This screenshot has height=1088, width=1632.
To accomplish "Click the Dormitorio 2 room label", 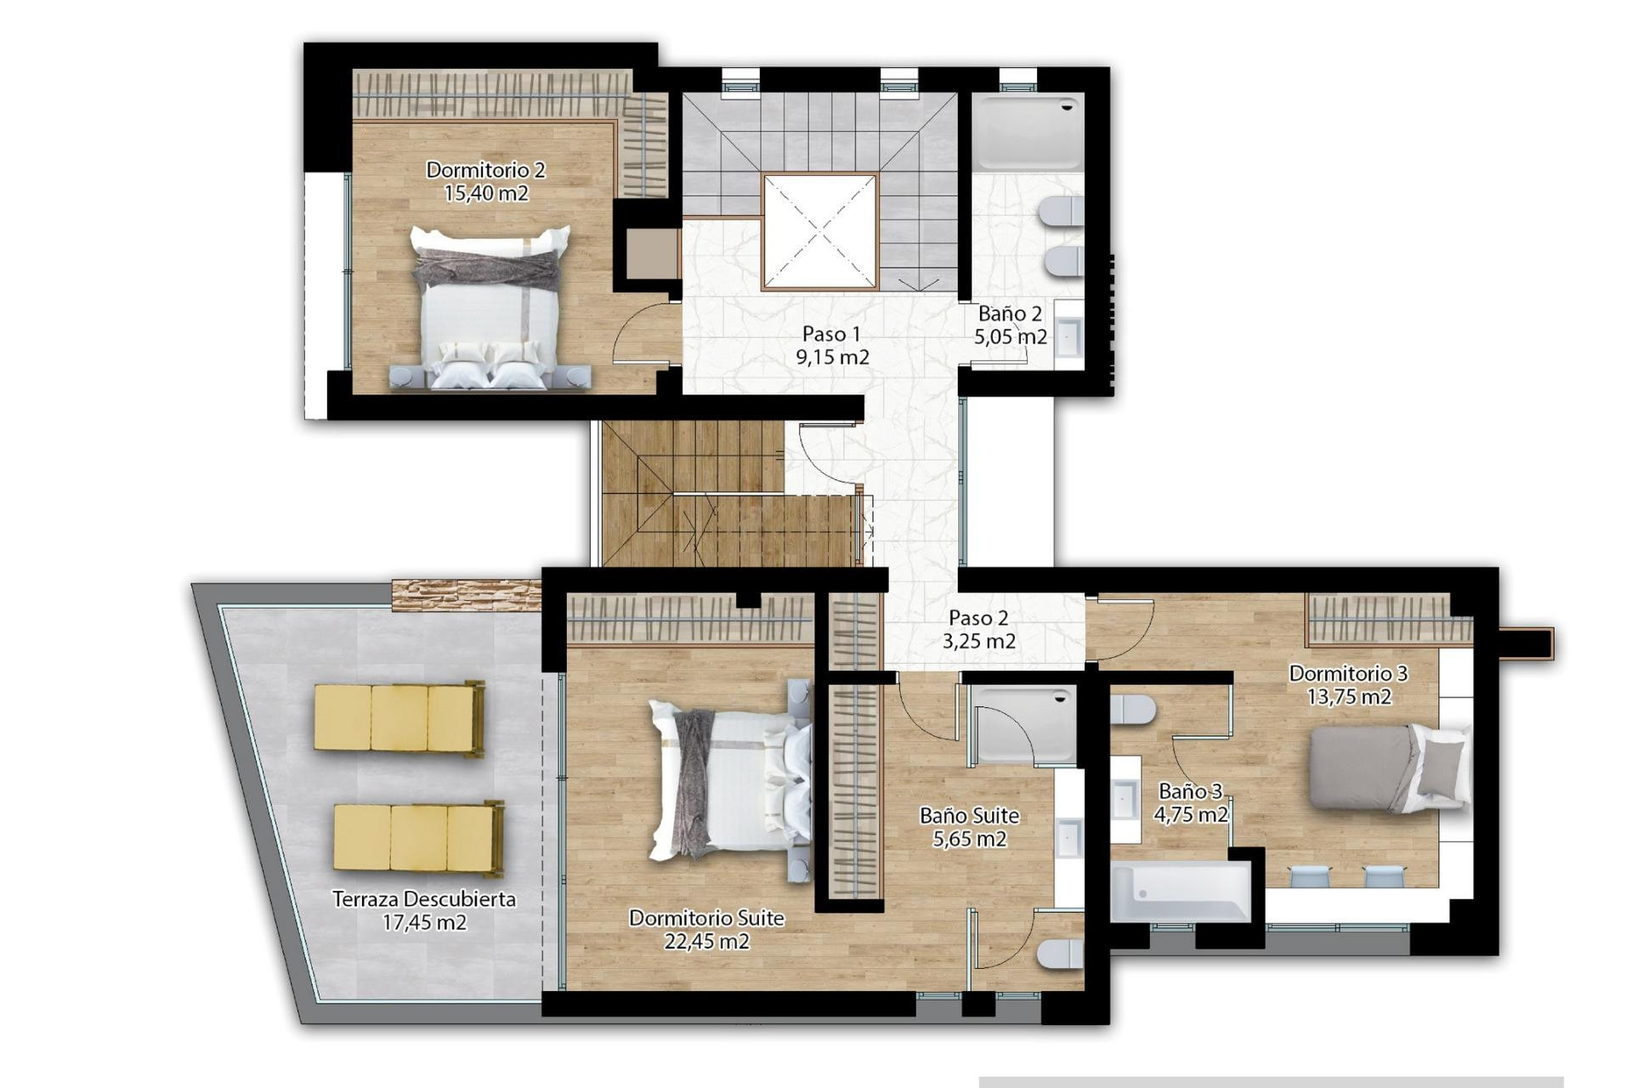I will click(485, 170).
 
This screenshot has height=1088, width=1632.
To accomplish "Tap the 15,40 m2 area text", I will click(485, 194).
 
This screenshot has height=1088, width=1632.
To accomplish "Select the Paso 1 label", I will click(831, 334).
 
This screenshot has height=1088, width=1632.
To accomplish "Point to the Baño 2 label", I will click(1010, 314).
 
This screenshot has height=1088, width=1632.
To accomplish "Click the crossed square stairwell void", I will click(819, 231).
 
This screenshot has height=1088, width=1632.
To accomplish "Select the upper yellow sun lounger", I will click(399, 718).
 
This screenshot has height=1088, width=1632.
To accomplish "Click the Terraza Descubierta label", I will click(423, 899).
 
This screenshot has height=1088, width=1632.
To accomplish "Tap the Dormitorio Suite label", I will click(706, 918).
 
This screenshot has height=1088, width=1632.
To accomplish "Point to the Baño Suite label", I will click(969, 816).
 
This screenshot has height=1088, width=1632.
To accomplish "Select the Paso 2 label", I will click(978, 618).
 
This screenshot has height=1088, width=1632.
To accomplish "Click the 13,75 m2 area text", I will click(1349, 697).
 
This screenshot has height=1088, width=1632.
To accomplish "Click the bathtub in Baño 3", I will click(1180, 892).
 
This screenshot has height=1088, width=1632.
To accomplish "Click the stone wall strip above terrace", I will click(466, 594).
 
